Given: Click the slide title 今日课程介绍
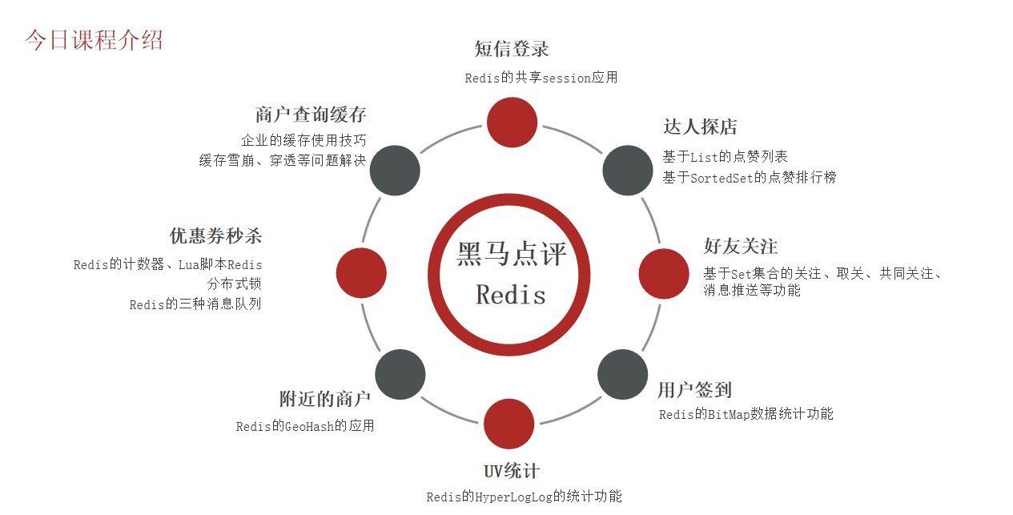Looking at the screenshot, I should coord(94,40).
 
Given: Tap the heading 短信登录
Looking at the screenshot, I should coord(512,49).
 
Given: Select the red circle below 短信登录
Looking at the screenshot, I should coord(512,123).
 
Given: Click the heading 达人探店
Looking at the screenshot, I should coord(700,127).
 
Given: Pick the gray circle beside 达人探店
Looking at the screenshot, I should coord(627,170).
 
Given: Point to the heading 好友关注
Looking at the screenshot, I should coord(740,247).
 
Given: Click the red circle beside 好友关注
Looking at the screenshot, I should coord(664,274).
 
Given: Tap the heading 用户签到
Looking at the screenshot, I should coord(694,390).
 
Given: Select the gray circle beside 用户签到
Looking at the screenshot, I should coord(623,374).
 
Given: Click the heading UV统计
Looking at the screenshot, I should coord(512,470).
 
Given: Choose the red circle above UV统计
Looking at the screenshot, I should coord(509,424).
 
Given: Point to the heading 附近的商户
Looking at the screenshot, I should coord(324,399).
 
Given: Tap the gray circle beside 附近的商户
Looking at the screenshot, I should coord(400,374).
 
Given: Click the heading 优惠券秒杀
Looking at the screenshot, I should coord(215,236).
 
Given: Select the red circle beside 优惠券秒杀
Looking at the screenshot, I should coord(361,273).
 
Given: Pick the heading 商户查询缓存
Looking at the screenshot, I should coord(311,115).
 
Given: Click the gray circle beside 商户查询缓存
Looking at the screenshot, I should coord(396,170).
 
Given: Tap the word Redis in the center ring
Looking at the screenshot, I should coord(511,295).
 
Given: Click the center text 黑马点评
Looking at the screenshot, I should coord(511,254).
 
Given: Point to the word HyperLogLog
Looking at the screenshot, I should coord(513,497).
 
